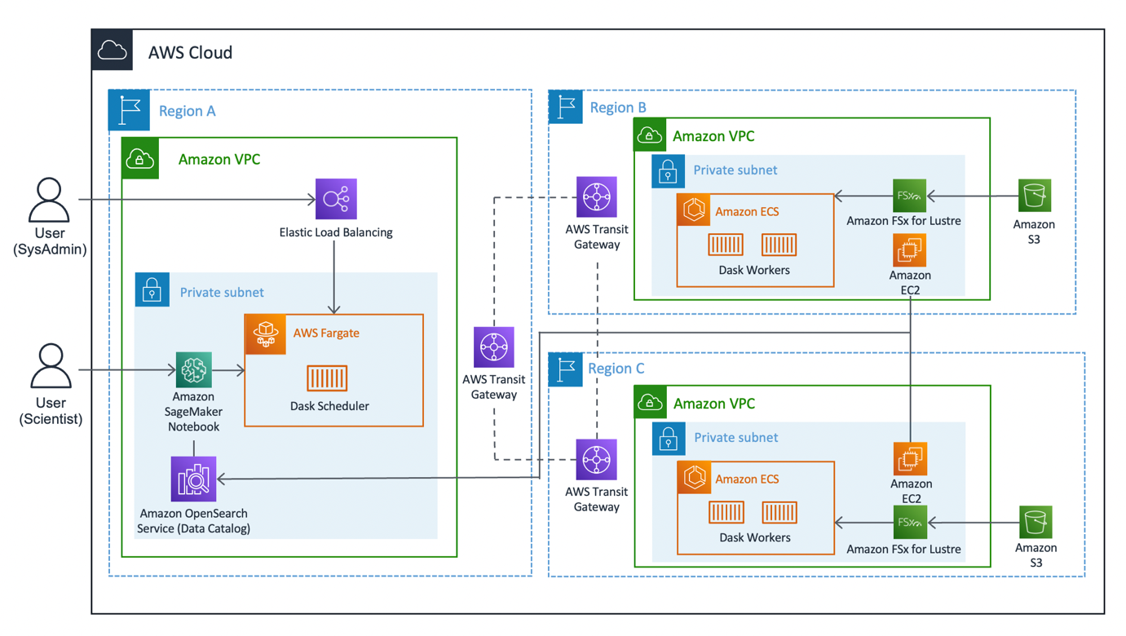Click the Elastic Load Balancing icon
point(336,199)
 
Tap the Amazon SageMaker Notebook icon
point(194,369)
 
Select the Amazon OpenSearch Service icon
point(194,479)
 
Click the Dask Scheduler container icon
point(327,378)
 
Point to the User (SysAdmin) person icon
point(50,201)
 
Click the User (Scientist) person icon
point(51,366)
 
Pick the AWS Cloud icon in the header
point(113,51)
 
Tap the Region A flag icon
point(129,110)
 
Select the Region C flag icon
point(566,369)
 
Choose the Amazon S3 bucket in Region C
point(1035,522)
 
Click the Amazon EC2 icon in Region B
point(909,251)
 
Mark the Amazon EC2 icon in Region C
point(910,460)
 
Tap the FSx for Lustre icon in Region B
point(909,196)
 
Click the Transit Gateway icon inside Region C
point(597,460)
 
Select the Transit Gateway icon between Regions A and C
point(494,347)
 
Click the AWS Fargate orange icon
point(266,334)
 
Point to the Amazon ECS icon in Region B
point(694,211)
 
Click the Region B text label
point(618,107)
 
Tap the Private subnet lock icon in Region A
point(152,290)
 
